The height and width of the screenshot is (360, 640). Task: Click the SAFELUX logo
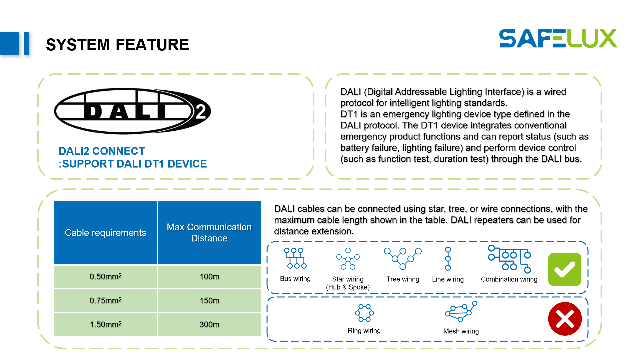coord(558,38)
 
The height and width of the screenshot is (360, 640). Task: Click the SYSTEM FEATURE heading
coord(117,45)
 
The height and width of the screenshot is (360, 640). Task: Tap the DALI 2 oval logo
coord(132,111)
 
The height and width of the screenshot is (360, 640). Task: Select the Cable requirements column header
coord(105,232)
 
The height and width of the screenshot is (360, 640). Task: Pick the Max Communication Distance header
coord(209,232)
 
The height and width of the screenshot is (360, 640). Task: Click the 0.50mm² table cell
coord(105,276)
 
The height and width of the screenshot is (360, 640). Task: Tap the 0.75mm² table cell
coord(105,300)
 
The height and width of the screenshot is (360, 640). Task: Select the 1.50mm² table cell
coord(105,324)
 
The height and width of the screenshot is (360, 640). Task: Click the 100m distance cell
coord(209,276)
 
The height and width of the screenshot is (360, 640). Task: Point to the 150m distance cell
coord(209,300)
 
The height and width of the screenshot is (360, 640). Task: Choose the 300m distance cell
coord(209,324)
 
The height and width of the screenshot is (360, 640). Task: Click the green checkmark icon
coord(565,269)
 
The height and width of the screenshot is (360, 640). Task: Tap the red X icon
coord(565,319)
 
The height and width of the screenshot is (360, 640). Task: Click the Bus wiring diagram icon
coord(295,258)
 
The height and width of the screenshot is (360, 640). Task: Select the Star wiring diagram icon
coord(348,259)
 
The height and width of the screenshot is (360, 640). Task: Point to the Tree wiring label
coord(403,279)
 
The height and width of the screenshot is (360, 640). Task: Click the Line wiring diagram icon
coord(448,259)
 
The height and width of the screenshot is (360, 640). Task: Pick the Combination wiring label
coord(509,279)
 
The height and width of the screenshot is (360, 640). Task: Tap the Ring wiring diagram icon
coord(364,313)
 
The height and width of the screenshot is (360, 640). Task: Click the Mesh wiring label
coord(461,331)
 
